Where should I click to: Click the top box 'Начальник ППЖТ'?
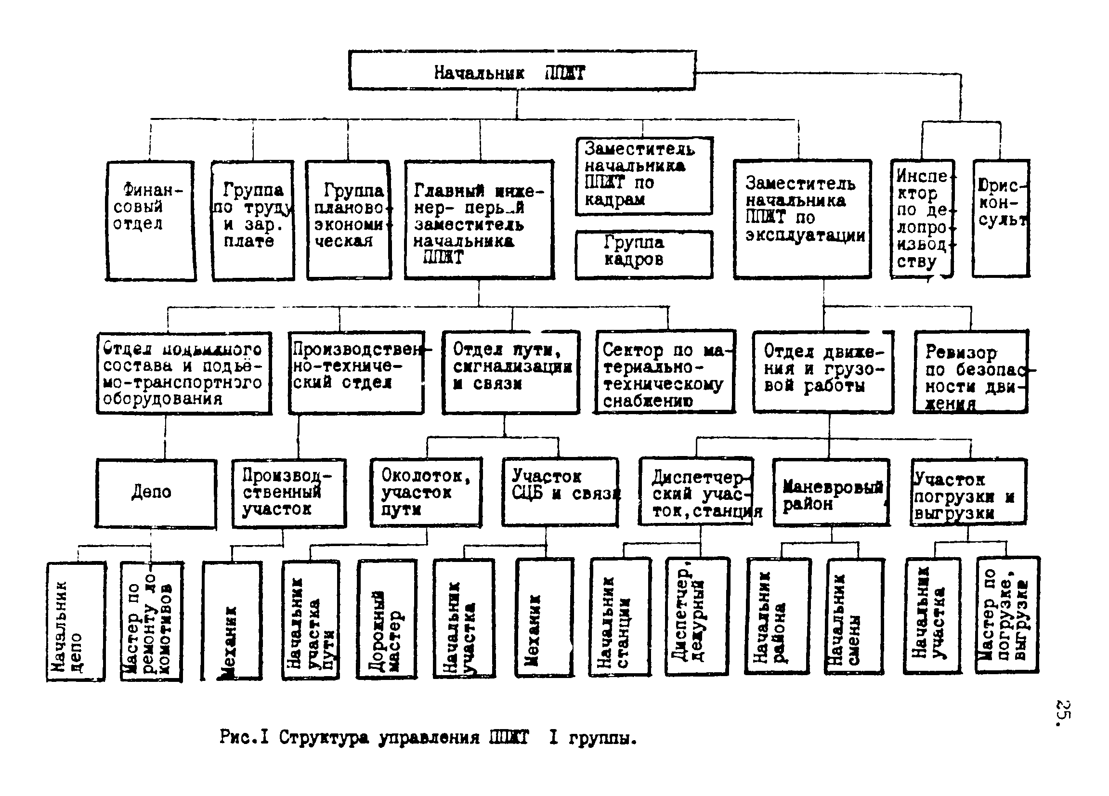pos(522,70)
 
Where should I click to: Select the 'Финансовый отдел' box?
pos(151,221)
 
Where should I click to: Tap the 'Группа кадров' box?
pos(643,254)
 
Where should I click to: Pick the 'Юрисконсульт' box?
pos(1001,218)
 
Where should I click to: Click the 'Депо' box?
pos(156,493)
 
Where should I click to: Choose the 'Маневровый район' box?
pos(831,492)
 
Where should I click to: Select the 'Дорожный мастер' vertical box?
pos(387,619)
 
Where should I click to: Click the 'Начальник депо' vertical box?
pos(76,622)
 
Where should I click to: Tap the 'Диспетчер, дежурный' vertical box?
pos(697,616)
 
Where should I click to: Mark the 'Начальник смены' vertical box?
pos(854,617)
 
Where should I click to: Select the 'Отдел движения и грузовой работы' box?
pos(823,372)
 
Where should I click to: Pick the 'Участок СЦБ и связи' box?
pos(560,491)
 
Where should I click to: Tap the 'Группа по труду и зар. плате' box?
pos(253,221)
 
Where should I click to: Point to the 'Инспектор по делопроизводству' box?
pos(922,219)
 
